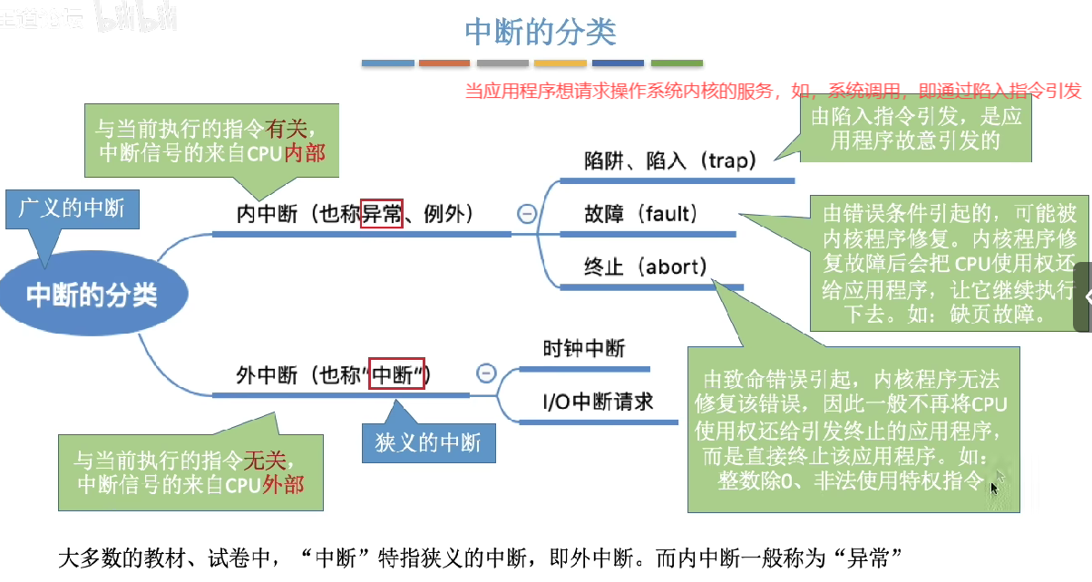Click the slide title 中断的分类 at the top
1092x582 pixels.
pyautogui.click(x=541, y=32)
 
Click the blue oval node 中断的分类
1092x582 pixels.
pyautogui.click(x=92, y=296)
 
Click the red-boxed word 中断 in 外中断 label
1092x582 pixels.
pyautogui.click(x=397, y=374)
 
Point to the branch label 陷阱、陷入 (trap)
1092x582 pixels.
pyautogui.click(x=669, y=161)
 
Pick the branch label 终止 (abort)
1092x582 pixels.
pyautogui.click(x=646, y=267)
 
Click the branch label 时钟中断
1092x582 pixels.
pyautogui.click(x=584, y=348)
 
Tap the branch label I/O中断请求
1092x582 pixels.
pyautogui.click(x=598, y=402)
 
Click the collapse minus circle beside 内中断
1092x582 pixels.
pyautogui.click(x=526, y=215)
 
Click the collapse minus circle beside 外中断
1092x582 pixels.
pyautogui.click(x=486, y=373)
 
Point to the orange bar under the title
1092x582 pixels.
pyautogui.click(x=444, y=63)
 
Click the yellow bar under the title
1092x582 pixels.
pyautogui.click(x=560, y=63)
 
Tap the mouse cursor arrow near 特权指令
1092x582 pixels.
pyautogui.click(x=994, y=488)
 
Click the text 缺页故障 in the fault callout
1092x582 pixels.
pyautogui.click(x=1006, y=315)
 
